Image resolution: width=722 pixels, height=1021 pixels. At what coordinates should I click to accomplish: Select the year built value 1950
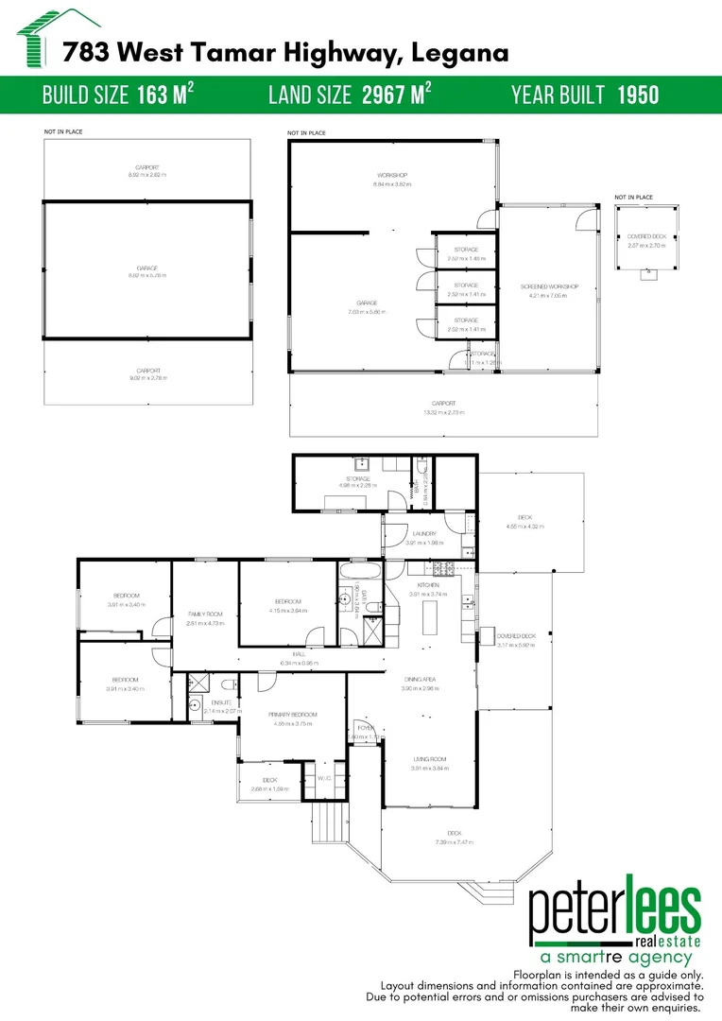639,95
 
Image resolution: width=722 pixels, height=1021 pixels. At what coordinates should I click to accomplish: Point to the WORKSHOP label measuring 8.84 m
391,177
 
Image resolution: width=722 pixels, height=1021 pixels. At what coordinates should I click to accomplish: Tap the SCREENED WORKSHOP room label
548,286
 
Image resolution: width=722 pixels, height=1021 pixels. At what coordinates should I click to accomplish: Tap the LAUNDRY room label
424,534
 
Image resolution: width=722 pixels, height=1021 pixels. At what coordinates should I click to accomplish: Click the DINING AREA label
420,680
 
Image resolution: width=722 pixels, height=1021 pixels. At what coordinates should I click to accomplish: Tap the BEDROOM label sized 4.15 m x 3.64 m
287,601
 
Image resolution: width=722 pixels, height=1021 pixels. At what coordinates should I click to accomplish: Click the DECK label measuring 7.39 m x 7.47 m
454,832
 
